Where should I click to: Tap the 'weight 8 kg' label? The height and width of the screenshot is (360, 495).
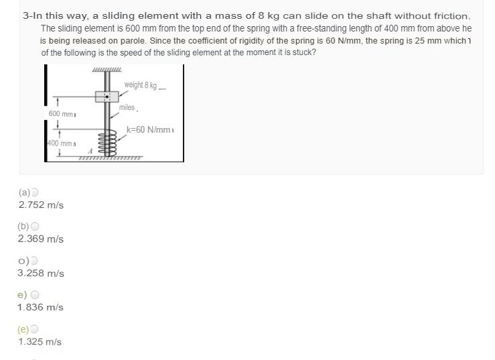pyautogui.click(x=140, y=85)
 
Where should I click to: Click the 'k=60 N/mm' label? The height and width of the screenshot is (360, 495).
pyautogui.click(x=149, y=129)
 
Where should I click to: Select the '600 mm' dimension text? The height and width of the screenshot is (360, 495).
pyautogui.click(x=61, y=114)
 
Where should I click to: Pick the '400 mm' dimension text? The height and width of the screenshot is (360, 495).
pyautogui.click(x=60, y=143)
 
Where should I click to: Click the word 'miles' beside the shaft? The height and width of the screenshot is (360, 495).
pyautogui.click(x=127, y=107)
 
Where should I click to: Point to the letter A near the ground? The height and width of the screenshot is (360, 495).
pyautogui.click(x=90, y=151)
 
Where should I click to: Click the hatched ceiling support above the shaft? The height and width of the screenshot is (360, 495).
pyautogui.click(x=107, y=70)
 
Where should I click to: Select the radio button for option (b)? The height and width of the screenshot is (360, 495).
pyautogui.click(x=35, y=227)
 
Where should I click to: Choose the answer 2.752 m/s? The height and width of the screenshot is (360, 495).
pyautogui.click(x=41, y=205)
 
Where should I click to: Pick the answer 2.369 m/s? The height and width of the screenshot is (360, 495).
pyautogui.click(x=41, y=239)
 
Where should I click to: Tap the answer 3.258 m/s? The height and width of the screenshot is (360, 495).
pyautogui.click(x=41, y=274)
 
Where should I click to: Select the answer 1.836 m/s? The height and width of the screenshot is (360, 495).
pyautogui.click(x=40, y=307)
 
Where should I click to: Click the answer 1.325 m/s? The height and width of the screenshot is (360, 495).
pyautogui.click(x=40, y=342)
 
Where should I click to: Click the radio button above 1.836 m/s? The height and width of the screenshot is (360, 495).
pyautogui.click(x=35, y=294)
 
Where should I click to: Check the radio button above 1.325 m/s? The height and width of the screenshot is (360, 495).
pyautogui.click(x=35, y=329)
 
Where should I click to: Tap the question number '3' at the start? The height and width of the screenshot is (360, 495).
pyautogui.click(x=25, y=15)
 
